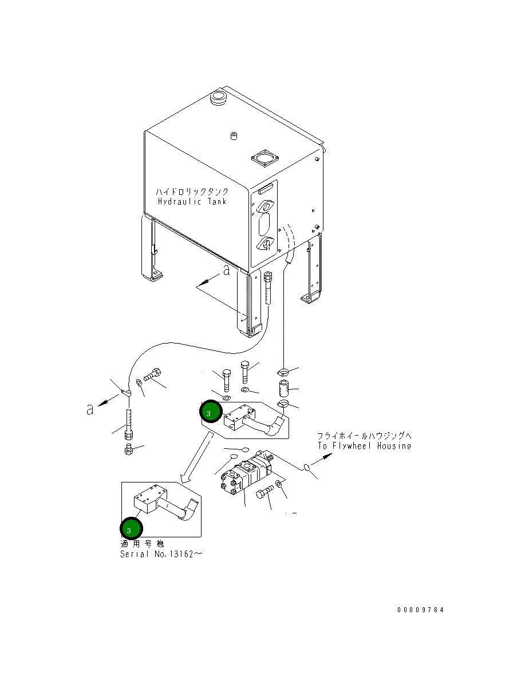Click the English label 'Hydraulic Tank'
pos(192,201)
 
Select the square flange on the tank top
pos(264,158)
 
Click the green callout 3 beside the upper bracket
pos(211,411)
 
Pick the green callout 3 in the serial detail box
pos(131,528)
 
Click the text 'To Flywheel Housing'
pos(364,446)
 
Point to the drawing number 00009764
pos(420,609)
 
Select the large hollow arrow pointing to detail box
pos(196,458)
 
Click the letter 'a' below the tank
pos(227,270)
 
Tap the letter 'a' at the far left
pos(90,409)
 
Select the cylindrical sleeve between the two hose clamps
pos(283,388)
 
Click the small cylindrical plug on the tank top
pos(234,136)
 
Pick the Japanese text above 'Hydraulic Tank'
pos(192,192)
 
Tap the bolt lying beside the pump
pos(264,492)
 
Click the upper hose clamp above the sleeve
pos(283,372)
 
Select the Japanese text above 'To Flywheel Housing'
pos(364,436)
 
